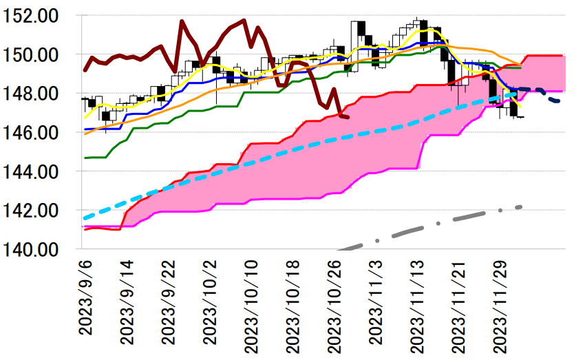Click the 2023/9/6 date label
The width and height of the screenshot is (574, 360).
(85, 301)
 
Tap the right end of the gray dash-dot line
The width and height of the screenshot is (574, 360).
(521, 207)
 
